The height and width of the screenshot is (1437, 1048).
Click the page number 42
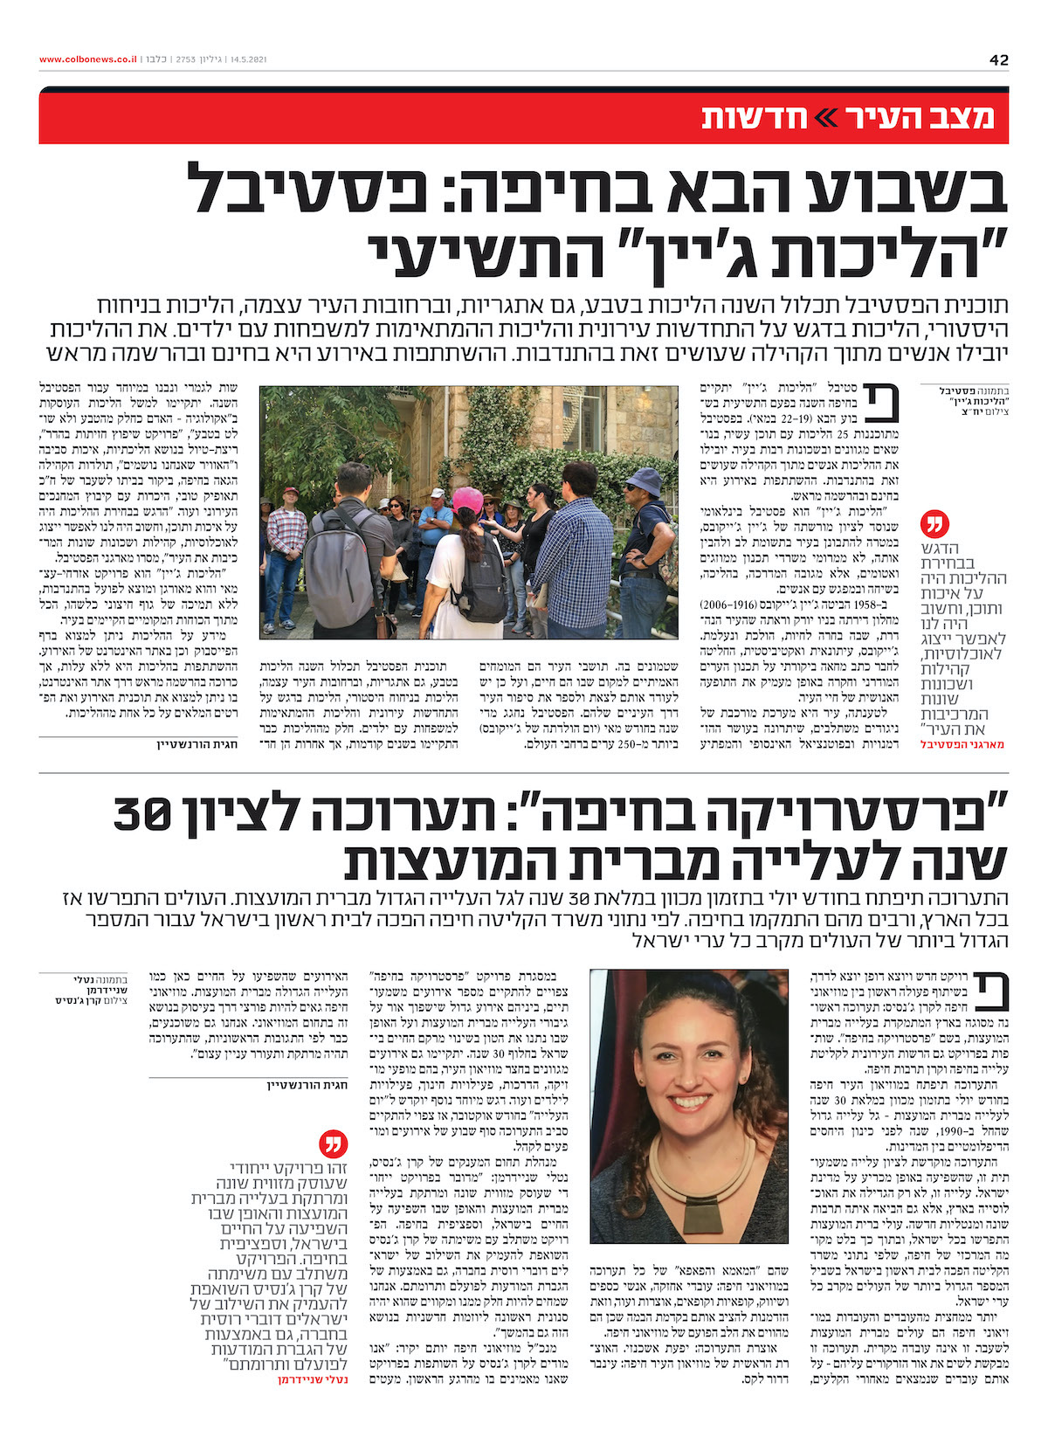click(x=998, y=59)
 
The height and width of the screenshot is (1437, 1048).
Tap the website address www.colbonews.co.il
click(x=87, y=59)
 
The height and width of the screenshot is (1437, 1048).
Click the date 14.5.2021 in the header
click(x=248, y=59)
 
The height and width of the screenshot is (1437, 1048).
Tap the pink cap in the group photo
click(x=468, y=501)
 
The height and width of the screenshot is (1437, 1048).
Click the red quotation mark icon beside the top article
click(x=934, y=525)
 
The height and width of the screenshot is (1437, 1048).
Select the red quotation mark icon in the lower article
click(x=335, y=1142)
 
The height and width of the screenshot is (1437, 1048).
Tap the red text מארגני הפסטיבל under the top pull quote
click(x=957, y=744)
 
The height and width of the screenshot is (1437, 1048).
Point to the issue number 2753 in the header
click(x=184, y=59)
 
